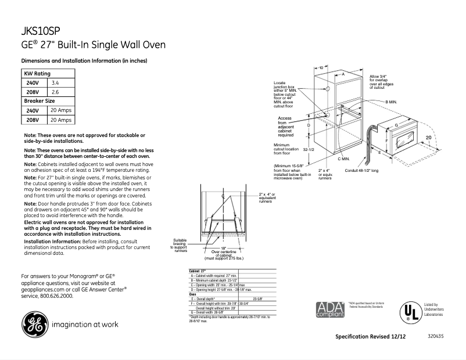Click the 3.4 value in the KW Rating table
pos(55,83)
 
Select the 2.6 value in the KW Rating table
pos(55,92)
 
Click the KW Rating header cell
pos(37,74)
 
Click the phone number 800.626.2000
pos(56,296)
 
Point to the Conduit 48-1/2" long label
pos(361,171)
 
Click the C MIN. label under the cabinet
pos(343,159)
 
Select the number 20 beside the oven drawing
pos(428,137)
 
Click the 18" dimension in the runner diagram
pos(223,247)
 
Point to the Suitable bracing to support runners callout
pos(180,246)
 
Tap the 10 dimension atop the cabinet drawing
pos(320,69)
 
